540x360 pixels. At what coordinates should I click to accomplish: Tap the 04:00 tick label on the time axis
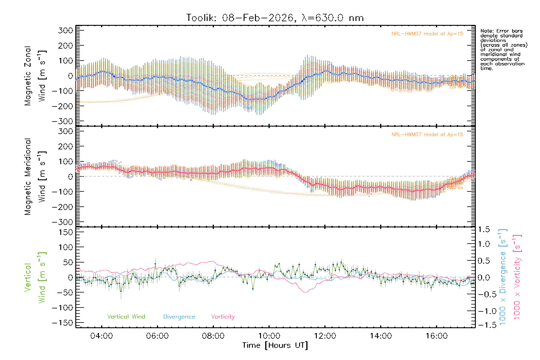coord(101,336)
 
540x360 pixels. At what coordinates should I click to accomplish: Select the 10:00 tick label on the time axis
coord(269,336)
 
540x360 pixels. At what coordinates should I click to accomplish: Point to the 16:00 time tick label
coord(436,336)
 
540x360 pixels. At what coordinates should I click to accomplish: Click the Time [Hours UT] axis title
coord(275,346)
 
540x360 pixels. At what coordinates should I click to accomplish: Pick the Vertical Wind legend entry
coord(126,317)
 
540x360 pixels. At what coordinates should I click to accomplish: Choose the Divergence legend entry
coord(179,317)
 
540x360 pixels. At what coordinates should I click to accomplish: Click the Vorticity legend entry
coord(223,317)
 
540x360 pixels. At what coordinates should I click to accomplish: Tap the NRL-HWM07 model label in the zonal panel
coord(427,34)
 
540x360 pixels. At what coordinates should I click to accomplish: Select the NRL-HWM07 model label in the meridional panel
coord(427,135)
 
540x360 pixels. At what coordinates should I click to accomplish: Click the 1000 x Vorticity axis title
coord(517,277)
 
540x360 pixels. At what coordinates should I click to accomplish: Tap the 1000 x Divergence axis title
coord(503,277)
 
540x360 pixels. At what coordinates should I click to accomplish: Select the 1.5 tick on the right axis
coord(484,229)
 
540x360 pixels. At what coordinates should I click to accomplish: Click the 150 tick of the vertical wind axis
coord(65,232)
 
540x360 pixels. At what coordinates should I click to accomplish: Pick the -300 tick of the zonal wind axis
coord(62,121)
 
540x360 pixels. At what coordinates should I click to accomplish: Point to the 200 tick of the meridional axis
coord(65,146)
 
